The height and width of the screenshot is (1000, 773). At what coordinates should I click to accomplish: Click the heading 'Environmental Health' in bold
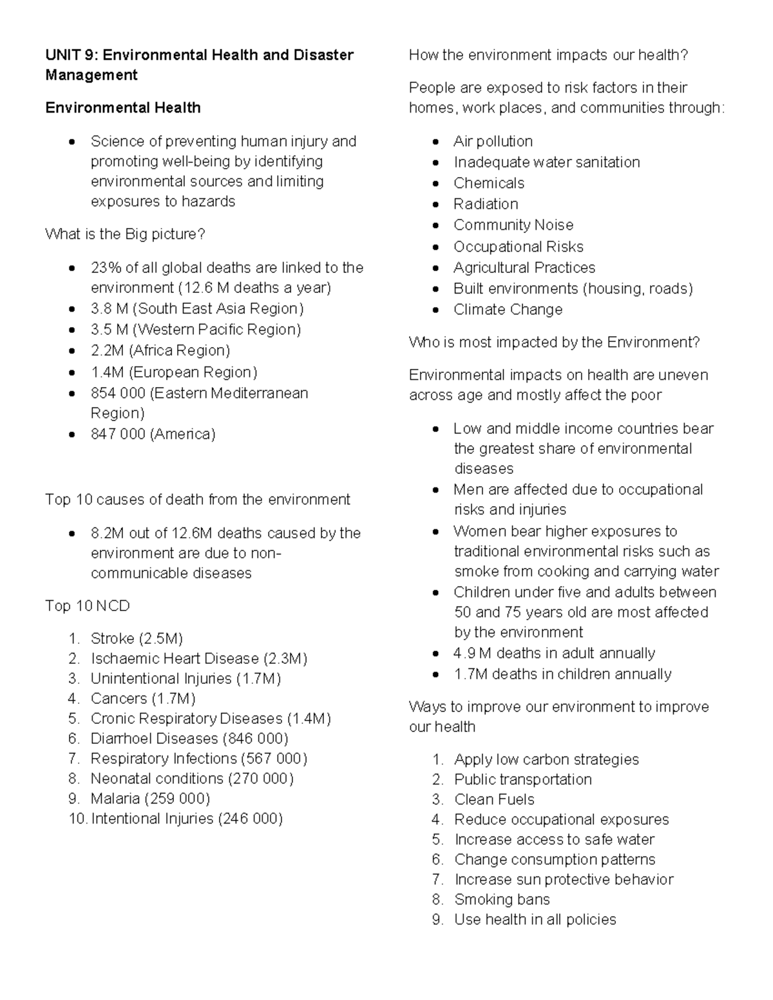click(x=122, y=108)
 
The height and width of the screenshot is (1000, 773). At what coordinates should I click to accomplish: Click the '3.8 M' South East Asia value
click(x=109, y=308)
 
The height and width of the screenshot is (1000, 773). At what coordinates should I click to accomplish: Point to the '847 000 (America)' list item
click(x=153, y=434)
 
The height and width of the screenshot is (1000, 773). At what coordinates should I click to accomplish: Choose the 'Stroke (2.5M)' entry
click(x=137, y=638)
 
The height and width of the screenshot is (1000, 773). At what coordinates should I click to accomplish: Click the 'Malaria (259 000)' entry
click(x=150, y=798)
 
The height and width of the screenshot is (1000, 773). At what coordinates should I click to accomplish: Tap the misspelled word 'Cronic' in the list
click(x=112, y=719)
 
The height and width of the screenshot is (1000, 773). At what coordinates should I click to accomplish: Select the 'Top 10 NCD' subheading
click(x=87, y=606)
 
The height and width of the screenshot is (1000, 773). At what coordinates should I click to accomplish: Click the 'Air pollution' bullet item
click(x=493, y=141)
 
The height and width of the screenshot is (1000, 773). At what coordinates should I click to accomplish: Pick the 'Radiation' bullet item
click(x=486, y=204)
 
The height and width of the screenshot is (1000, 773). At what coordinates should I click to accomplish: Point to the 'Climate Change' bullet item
click(x=508, y=310)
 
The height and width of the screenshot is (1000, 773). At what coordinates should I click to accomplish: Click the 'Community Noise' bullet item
click(x=513, y=225)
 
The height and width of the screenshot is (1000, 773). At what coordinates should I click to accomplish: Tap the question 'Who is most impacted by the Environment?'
click(x=554, y=342)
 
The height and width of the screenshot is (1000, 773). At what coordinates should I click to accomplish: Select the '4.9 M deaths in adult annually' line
click(x=554, y=653)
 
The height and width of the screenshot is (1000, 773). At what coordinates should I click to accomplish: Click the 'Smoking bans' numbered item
click(x=502, y=899)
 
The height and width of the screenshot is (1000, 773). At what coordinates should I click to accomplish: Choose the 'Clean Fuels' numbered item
click(x=494, y=799)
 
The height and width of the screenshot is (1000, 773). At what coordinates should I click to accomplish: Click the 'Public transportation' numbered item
click(x=522, y=779)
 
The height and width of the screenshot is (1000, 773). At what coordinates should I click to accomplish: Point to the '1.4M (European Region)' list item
click(x=174, y=372)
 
